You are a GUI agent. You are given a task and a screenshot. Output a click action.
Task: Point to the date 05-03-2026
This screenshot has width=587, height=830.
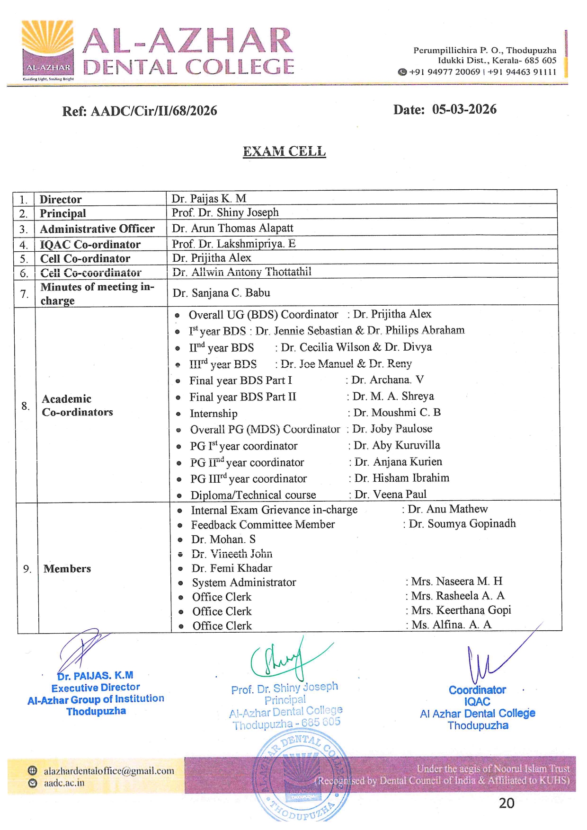point(464,109)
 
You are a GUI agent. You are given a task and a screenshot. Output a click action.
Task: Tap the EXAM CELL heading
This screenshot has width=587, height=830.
point(284,151)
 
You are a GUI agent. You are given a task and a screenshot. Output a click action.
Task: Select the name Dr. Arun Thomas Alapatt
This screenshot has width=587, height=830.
point(232,228)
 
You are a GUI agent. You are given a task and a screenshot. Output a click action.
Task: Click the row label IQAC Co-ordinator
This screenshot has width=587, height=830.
point(90,244)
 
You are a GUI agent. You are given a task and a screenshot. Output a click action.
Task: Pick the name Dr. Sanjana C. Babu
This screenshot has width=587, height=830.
point(221,293)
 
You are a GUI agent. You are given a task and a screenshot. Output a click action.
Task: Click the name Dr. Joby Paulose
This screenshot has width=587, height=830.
point(392,429)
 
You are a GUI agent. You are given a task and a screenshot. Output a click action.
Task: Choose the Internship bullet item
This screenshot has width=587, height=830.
point(213,414)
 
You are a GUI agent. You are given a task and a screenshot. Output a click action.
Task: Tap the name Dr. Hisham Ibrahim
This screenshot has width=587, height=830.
point(401,478)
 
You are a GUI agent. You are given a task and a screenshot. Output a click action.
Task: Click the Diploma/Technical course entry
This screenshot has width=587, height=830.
point(253,495)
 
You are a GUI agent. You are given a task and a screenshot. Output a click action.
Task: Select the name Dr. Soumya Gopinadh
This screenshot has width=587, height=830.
point(462,523)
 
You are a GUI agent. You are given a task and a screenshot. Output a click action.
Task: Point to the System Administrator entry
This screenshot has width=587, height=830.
point(244,583)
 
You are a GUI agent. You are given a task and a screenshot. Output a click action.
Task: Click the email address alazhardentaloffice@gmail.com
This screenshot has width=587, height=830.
point(109,771)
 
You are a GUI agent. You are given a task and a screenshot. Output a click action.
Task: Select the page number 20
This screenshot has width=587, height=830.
point(506,803)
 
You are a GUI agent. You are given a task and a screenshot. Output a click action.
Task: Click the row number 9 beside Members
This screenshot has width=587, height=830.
point(27,568)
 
